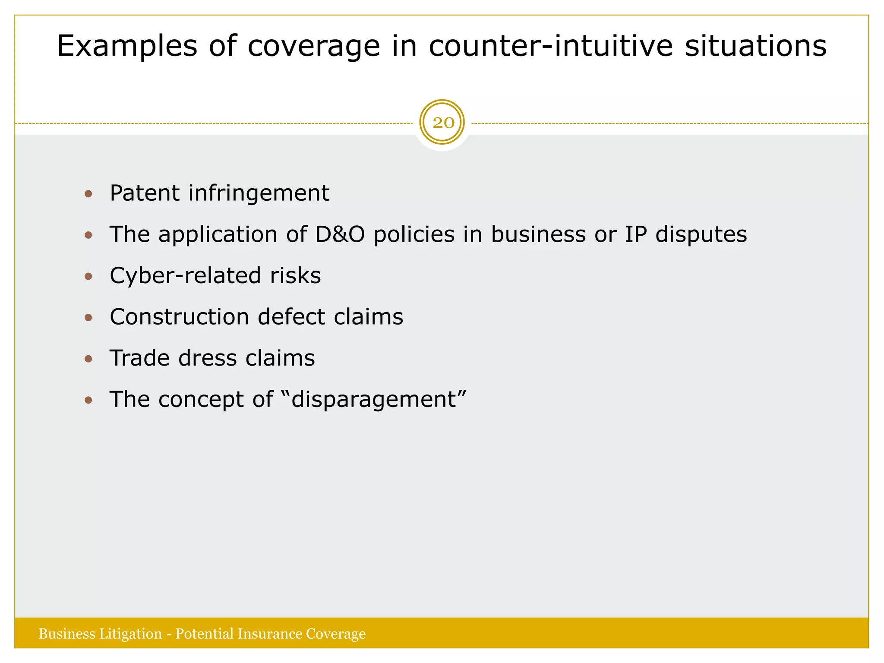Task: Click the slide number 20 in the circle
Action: tap(442, 123)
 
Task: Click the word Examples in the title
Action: tap(127, 46)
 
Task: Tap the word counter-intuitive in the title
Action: tap(550, 46)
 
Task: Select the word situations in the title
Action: tap(755, 46)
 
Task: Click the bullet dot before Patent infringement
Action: tap(88, 194)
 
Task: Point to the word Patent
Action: tap(144, 193)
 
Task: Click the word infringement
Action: tap(259, 193)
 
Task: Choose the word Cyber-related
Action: tap(185, 276)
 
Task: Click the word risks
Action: tap(295, 276)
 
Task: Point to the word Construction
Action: tap(179, 317)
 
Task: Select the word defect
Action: tap(291, 317)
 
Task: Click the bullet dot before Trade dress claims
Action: tap(88, 359)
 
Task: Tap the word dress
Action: tap(208, 358)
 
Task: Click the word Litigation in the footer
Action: tap(130, 634)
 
